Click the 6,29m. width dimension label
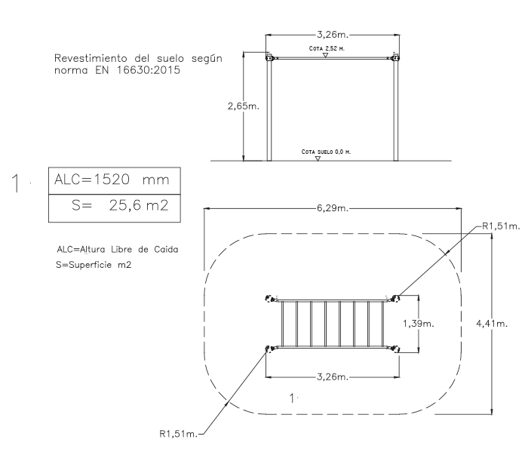point(333,208)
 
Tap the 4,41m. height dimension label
point(492,324)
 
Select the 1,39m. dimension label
point(419,324)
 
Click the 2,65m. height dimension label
point(244,106)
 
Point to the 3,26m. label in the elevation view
point(333,35)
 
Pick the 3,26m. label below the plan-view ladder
point(333,377)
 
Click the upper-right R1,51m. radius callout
point(501,226)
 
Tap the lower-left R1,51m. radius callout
point(178,434)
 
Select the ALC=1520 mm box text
point(112,180)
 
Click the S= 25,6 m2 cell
point(115,208)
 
